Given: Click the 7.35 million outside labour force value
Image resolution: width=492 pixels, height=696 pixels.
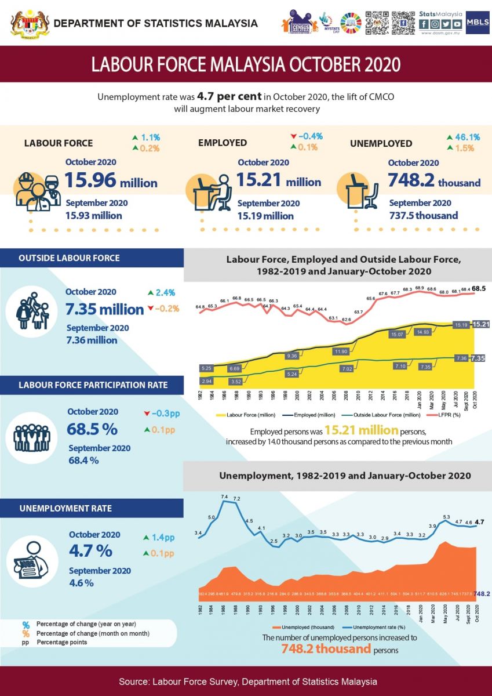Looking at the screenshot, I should coord(104,309).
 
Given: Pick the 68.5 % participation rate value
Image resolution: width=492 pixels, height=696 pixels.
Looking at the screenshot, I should coord(93,430).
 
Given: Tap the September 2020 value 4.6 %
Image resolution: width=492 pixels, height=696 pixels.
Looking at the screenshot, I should coord(81,583).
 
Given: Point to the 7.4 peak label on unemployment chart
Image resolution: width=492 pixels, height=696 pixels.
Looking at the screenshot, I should coord(225,497).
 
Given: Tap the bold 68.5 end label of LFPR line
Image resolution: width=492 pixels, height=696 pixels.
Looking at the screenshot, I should coord(479,288).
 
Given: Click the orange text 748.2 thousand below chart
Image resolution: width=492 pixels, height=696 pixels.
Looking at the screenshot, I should coord(326,648).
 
